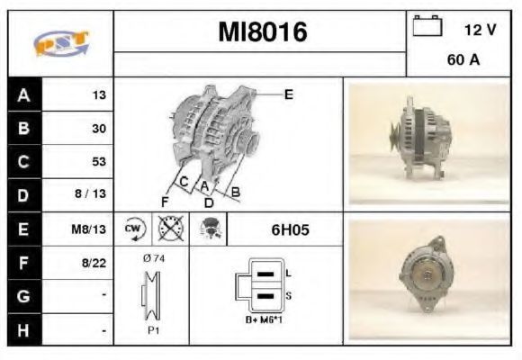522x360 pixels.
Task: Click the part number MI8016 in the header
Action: [x=263, y=32]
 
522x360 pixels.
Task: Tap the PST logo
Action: [x=61, y=42]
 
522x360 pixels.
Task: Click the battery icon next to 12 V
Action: [x=427, y=25]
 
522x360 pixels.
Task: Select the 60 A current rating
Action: [x=463, y=59]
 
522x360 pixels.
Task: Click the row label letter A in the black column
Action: [x=23, y=95]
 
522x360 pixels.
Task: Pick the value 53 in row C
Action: [x=99, y=161]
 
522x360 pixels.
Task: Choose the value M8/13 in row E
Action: [x=88, y=229]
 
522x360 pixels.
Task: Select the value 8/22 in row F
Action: [x=94, y=263]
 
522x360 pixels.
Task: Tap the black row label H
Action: [x=23, y=330]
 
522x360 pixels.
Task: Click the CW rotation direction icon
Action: [x=134, y=229]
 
